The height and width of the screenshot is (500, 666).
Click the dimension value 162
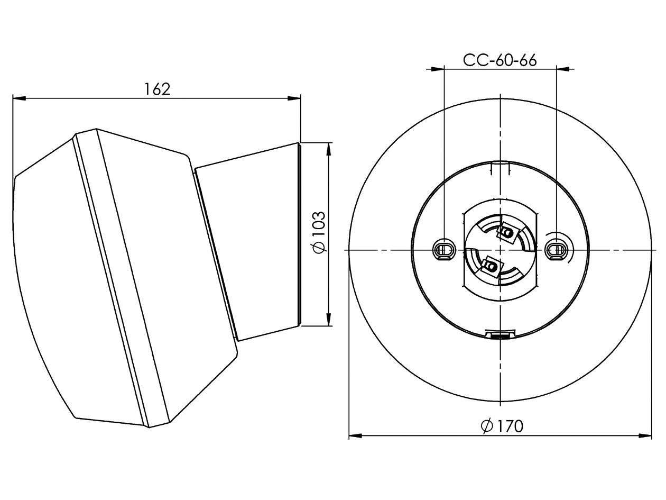click(158, 89)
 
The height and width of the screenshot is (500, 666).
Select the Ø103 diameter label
click(320, 233)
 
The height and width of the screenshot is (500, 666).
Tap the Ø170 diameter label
click(502, 425)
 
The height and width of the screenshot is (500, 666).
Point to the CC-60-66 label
click(499, 60)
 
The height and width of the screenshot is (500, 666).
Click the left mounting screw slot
click(444, 249)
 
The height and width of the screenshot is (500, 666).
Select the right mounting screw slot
click(556, 249)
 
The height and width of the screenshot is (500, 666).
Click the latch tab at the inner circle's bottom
click(499, 334)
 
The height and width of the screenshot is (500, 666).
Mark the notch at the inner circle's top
click(499, 167)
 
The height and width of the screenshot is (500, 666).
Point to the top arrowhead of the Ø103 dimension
click(329, 149)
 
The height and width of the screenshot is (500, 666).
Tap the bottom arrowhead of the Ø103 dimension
click(329, 320)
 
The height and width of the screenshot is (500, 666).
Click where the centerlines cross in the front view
click(500, 249)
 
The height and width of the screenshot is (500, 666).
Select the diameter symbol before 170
click(487, 425)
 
